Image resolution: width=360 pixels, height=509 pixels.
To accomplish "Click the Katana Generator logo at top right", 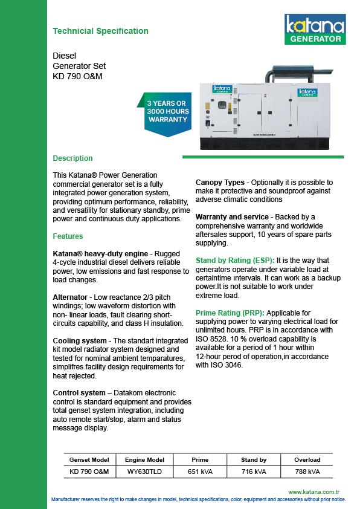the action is point(315,29).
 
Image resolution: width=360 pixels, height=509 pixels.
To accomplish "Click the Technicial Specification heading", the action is point(100,31).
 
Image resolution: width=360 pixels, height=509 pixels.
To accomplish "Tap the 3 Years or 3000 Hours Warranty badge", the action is point(166,114).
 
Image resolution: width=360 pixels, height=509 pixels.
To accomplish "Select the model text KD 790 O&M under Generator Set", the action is point(77,77).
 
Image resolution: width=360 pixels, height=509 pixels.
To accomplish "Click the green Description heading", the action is point(72,158).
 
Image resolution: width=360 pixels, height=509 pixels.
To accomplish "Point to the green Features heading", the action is point(68,236).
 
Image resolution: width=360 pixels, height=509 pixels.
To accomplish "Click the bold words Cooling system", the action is point(80,341).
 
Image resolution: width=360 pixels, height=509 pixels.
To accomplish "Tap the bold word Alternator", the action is point(70,297).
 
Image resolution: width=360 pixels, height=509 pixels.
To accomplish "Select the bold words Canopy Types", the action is point(220,183).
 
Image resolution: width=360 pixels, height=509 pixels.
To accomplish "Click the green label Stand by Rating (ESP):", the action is point(235,261).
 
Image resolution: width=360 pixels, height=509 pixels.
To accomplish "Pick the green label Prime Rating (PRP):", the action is point(230,313).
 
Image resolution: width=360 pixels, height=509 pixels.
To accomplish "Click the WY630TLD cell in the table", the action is point(144,472).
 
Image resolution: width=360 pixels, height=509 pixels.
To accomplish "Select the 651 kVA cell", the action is point(200,472).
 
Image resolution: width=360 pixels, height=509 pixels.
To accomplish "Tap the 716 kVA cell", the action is point(254,472).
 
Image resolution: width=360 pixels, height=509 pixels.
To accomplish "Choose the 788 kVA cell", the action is point(307,472).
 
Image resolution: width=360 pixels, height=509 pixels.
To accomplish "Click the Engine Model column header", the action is point(144,460).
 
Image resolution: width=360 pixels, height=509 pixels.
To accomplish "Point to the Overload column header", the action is point(307,460).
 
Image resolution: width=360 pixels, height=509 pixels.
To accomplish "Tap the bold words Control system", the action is point(79,393).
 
